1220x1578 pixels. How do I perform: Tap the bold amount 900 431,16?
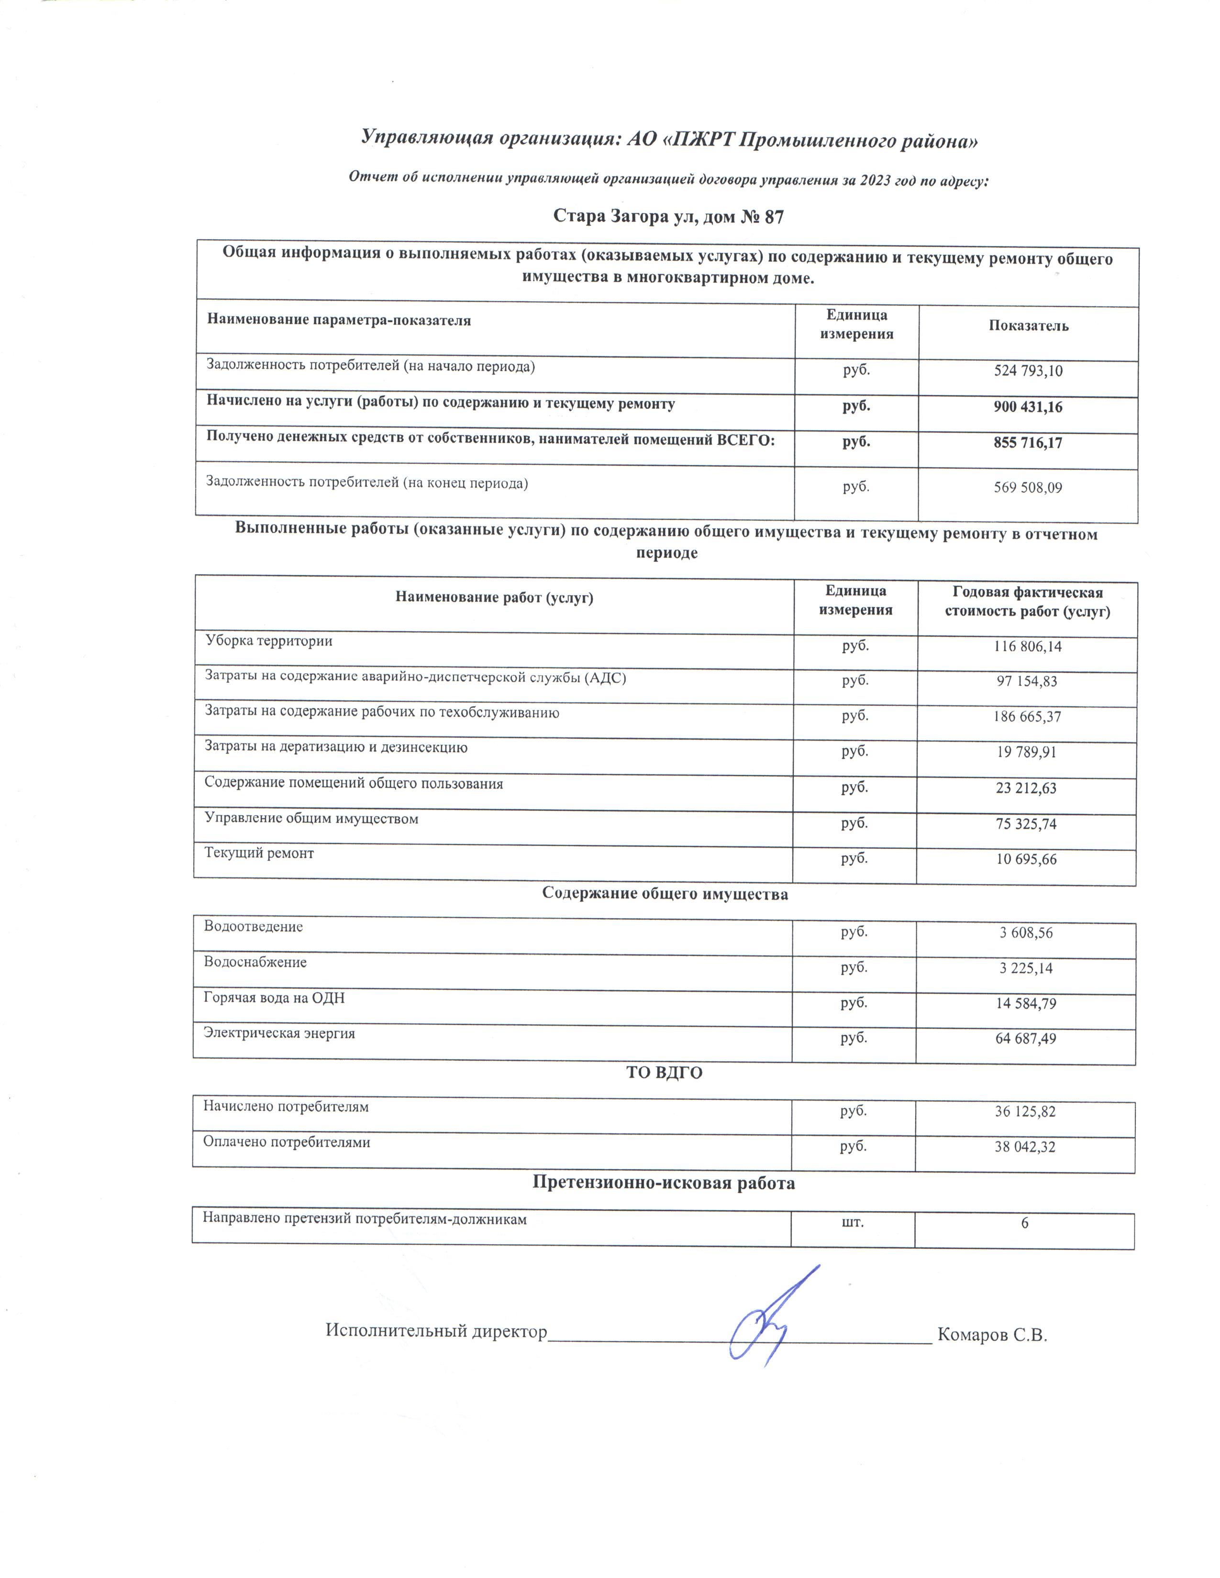(x=1028, y=407)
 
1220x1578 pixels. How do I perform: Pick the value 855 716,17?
(x=1028, y=443)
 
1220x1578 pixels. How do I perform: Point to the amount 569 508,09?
(x=1028, y=488)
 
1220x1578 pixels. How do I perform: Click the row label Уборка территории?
(x=269, y=640)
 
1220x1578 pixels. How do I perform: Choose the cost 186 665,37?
(x=1026, y=717)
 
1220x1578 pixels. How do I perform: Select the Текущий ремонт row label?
(x=259, y=853)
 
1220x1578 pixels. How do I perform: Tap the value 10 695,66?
(x=1026, y=859)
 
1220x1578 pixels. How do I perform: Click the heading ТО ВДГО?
(x=664, y=1073)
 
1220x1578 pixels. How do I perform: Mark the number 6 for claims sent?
(x=1025, y=1223)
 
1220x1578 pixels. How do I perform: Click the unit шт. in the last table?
(x=853, y=1223)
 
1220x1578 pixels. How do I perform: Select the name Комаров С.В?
(x=992, y=1335)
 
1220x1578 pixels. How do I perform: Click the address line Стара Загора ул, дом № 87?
(x=668, y=217)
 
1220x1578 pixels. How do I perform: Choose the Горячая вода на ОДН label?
(x=274, y=998)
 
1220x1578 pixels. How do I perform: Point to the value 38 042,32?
(x=1025, y=1147)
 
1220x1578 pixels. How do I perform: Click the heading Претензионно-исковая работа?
(x=664, y=1183)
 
